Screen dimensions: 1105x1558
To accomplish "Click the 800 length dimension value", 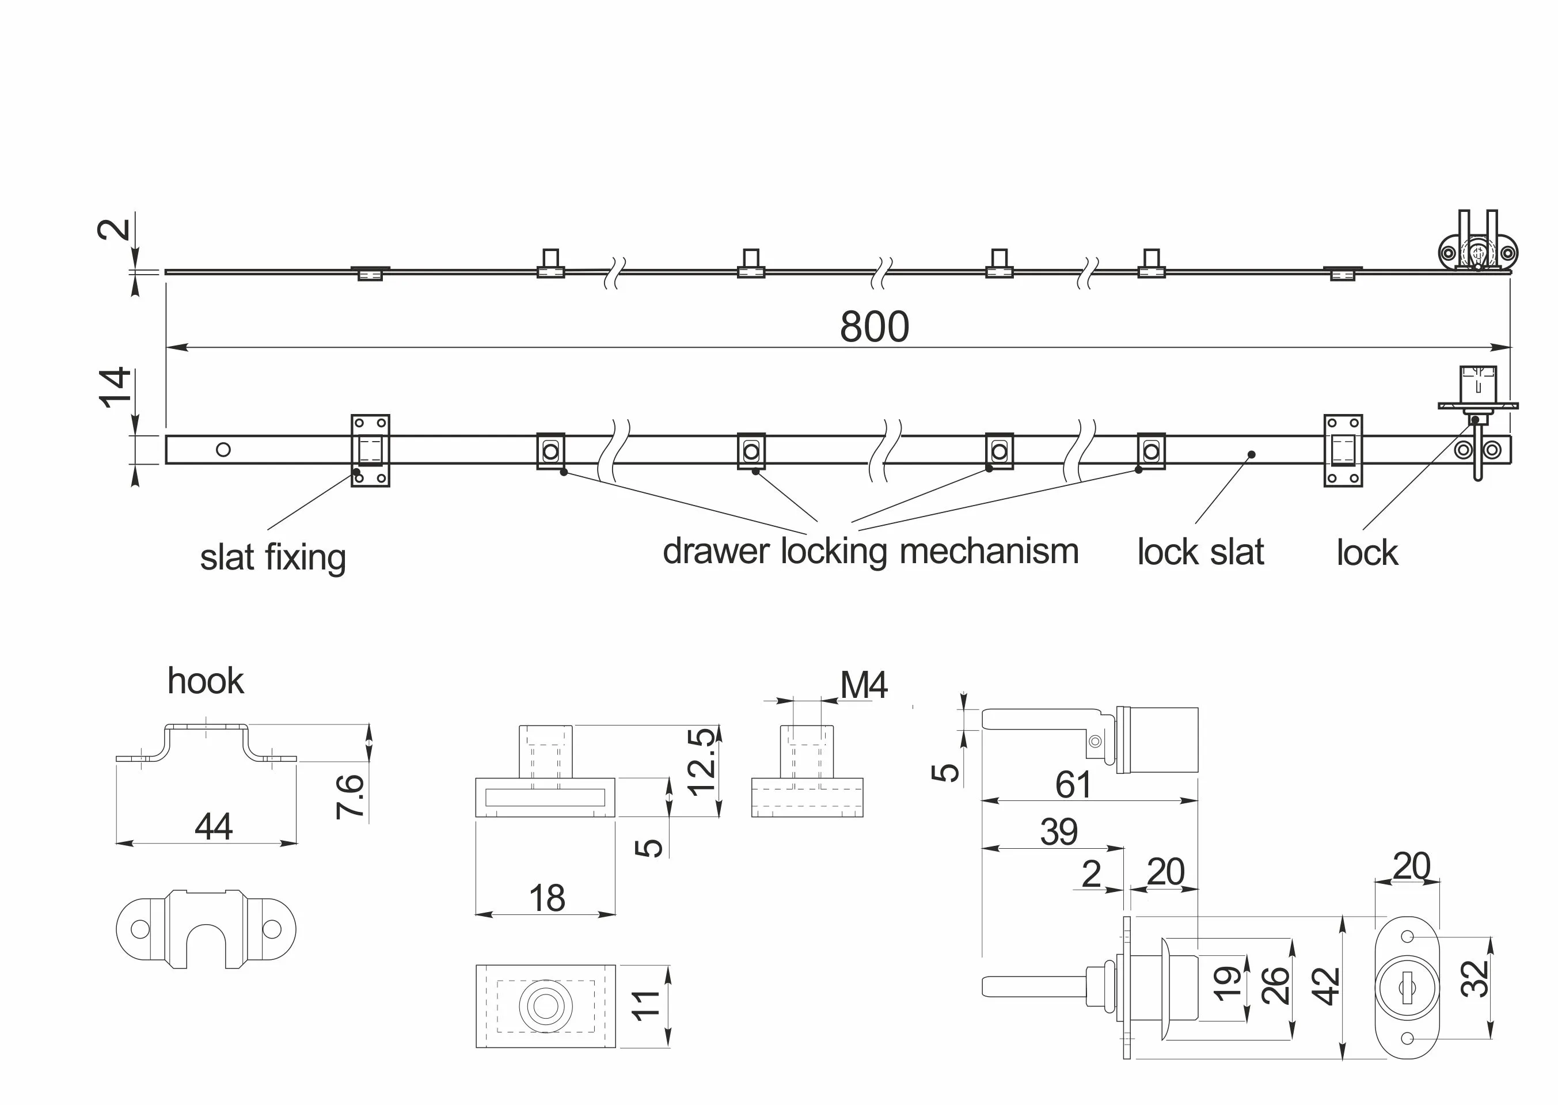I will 874,327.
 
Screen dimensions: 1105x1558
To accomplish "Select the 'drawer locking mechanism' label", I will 870,551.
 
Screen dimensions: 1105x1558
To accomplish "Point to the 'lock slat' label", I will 1200,552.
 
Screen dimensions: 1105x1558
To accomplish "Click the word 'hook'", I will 205,681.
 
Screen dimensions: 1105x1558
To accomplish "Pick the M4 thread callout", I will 864,685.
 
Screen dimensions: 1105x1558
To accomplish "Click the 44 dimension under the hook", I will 214,827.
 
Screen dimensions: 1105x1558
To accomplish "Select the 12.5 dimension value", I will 701,762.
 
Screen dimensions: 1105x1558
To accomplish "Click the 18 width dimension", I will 547,898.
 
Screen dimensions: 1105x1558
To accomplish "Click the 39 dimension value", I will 1059,831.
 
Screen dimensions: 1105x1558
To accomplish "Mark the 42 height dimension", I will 1326,986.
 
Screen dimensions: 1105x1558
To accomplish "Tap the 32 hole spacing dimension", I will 1475,978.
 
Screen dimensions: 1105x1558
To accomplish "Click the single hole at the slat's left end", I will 223,449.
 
